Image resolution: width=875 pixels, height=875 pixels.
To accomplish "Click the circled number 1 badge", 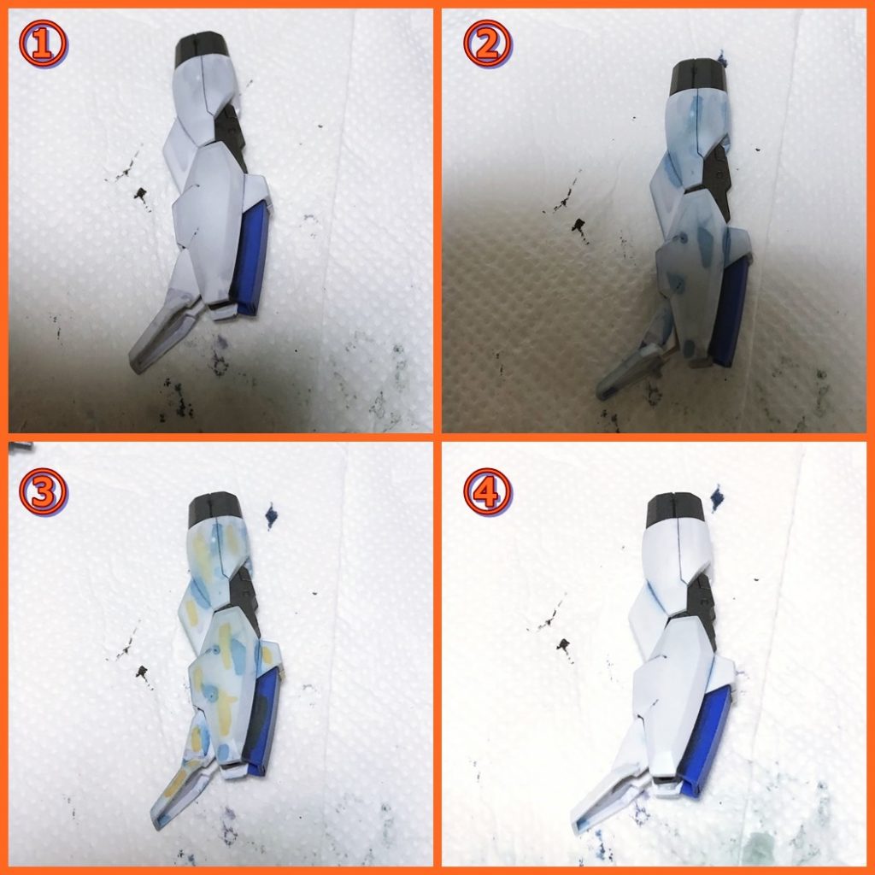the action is click(x=43, y=44).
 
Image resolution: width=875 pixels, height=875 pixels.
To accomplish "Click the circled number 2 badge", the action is click(x=488, y=44).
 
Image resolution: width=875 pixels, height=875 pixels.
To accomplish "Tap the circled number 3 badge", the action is click(x=43, y=492).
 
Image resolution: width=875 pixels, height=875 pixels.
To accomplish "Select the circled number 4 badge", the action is click(x=488, y=492).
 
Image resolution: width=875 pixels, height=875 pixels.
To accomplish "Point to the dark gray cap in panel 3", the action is click(x=215, y=508).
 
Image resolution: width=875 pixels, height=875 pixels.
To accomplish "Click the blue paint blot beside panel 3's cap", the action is click(x=271, y=515).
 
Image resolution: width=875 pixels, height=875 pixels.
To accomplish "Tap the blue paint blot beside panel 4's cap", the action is click(x=717, y=498).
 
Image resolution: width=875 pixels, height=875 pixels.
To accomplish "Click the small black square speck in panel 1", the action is click(x=139, y=194).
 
